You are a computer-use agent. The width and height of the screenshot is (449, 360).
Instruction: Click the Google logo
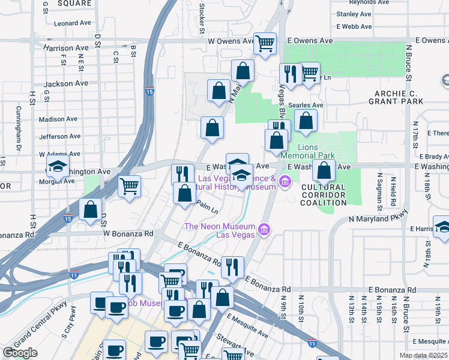(x=20, y=353)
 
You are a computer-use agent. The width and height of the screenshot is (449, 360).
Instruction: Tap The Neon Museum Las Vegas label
(x=220, y=230)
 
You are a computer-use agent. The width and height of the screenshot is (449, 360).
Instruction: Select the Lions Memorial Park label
(x=325, y=151)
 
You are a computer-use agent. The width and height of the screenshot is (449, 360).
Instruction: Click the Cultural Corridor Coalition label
(x=324, y=195)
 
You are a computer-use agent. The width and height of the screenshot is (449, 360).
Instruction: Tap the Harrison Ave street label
(x=65, y=47)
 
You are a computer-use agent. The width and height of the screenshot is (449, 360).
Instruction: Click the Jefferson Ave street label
(x=59, y=136)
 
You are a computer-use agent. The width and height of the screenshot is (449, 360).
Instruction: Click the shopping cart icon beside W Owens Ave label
(x=265, y=43)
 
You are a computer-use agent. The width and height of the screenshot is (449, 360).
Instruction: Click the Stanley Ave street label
(x=355, y=14)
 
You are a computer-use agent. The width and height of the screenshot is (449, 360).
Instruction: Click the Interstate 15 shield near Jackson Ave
(x=149, y=92)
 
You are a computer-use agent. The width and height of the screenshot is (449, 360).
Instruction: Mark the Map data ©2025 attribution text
(x=423, y=355)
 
